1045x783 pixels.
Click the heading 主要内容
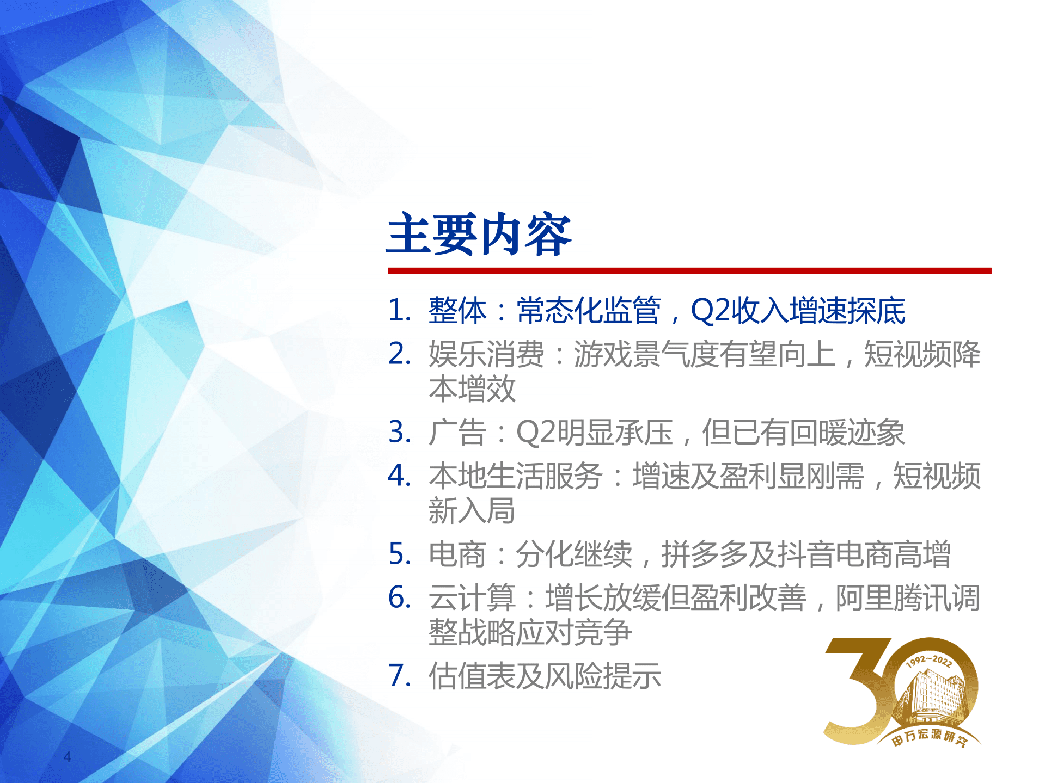(x=478, y=235)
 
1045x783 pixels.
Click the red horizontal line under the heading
(x=689, y=270)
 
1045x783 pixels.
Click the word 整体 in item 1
(x=457, y=311)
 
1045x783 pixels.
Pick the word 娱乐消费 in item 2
(x=486, y=354)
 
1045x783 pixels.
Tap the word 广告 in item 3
(x=457, y=433)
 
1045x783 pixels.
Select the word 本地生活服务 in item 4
(x=515, y=476)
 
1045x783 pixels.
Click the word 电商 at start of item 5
(x=457, y=554)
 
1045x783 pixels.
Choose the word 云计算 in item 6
(x=472, y=598)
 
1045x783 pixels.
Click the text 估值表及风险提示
(x=545, y=676)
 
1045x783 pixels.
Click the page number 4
(x=68, y=756)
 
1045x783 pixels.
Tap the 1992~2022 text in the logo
(x=929, y=661)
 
